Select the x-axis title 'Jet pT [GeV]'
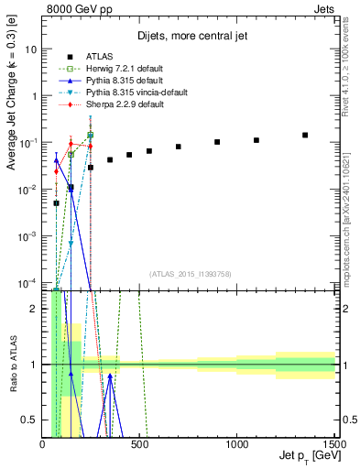click(305, 456)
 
